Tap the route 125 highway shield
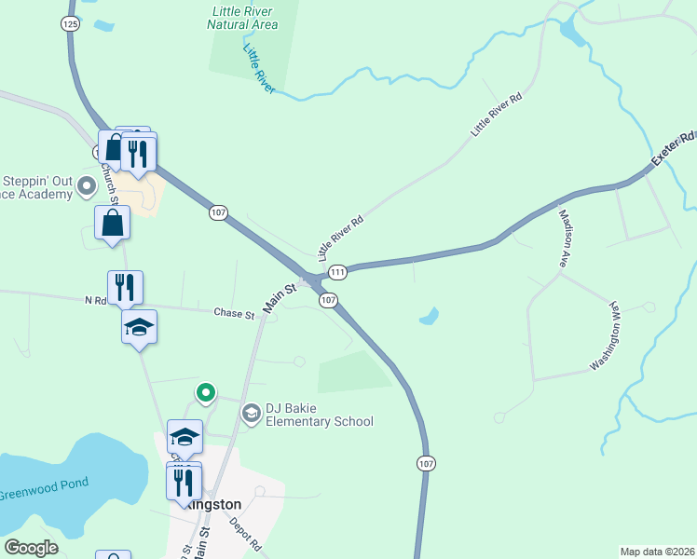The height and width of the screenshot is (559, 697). [69, 24]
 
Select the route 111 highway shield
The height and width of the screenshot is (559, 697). [337, 272]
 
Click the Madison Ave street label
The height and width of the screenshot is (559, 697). [566, 239]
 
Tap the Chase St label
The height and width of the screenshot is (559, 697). [234, 315]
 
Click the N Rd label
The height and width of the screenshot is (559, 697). [96, 300]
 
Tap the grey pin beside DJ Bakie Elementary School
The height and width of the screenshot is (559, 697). [251, 413]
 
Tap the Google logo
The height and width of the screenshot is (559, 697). [32, 548]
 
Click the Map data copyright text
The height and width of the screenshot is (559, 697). [658, 552]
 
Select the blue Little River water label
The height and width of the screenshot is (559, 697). [258, 69]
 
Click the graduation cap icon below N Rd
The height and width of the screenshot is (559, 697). [140, 327]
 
